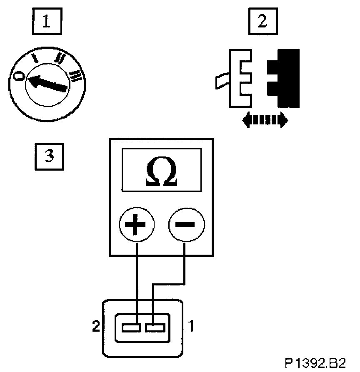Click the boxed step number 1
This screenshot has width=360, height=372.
[x=46, y=22]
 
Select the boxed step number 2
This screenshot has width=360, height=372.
[x=262, y=22]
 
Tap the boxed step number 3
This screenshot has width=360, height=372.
[x=49, y=156]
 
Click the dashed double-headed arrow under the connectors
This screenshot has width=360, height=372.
[x=265, y=120]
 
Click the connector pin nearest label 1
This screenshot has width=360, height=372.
[x=154, y=329]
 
